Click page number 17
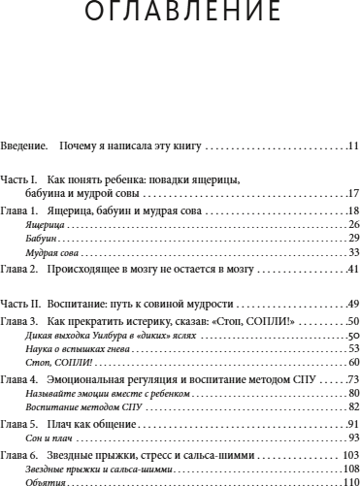click(353, 194)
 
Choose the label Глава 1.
click(20, 211)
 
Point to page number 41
click(353, 268)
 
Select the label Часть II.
click(20, 302)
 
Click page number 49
click(353, 302)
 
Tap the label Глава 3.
click(20, 319)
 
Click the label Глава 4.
click(20, 377)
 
